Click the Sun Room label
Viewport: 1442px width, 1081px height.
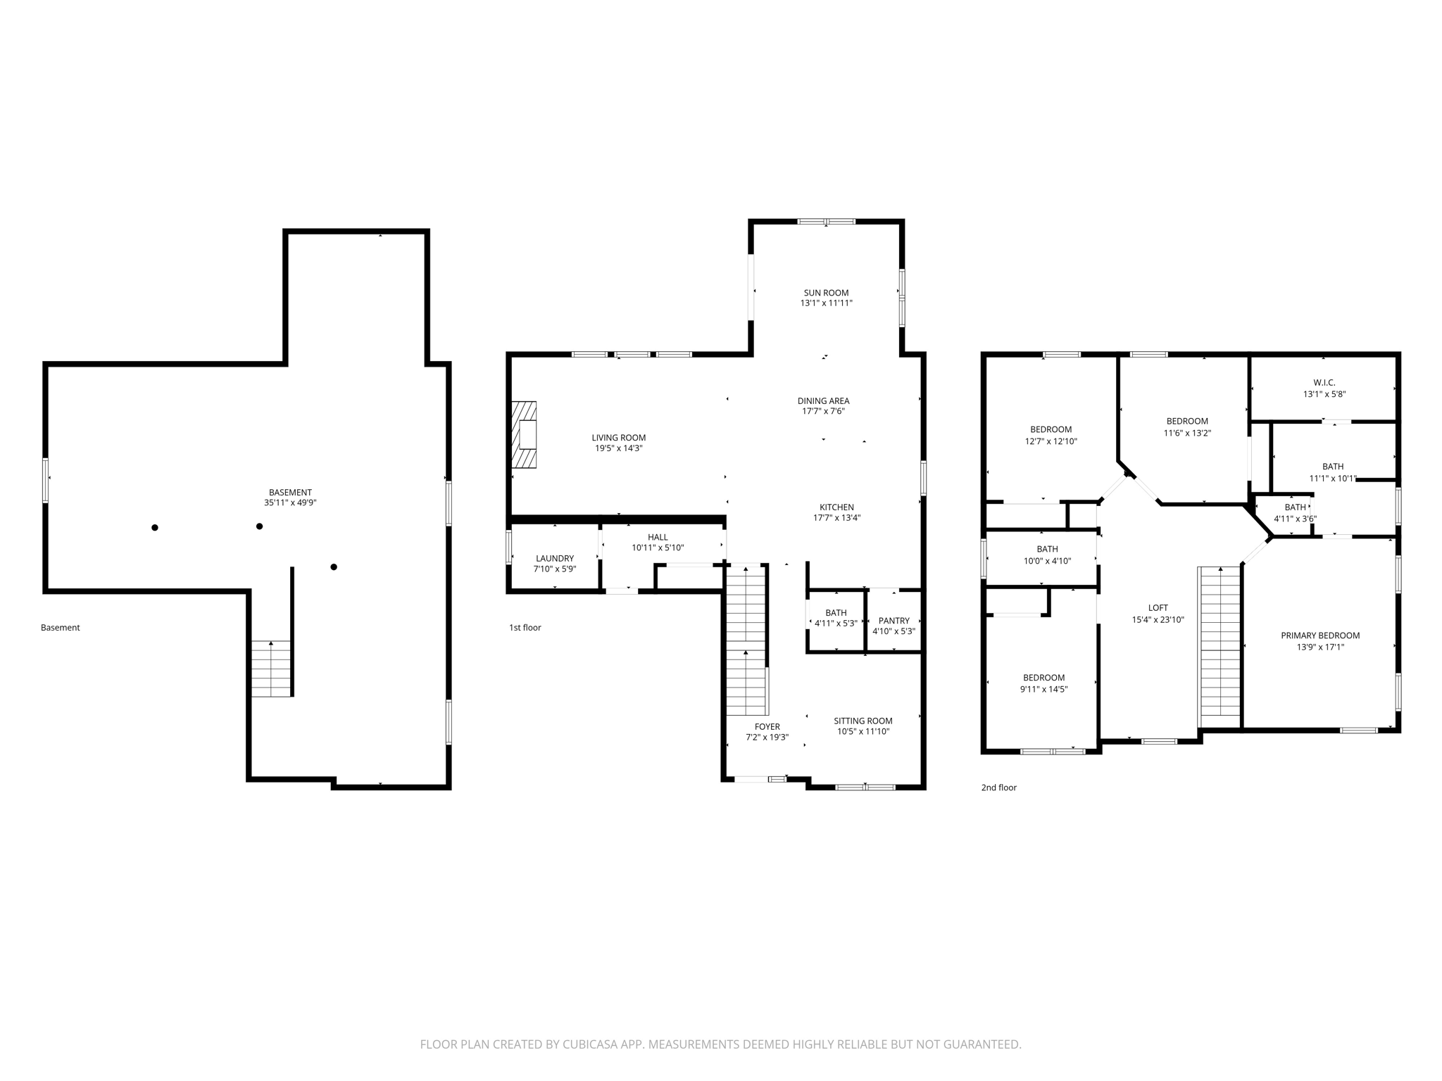tap(826, 293)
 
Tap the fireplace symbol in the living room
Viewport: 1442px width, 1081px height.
tap(525, 434)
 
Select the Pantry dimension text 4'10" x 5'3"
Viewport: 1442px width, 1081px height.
tap(894, 631)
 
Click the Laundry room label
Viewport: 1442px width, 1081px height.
tap(555, 558)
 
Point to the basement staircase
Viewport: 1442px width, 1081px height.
tap(272, 668)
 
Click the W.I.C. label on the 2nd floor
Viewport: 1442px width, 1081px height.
tap(1324, 383)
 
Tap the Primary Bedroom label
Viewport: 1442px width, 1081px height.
tap(1319, 636)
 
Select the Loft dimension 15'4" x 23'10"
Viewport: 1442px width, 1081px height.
tap(1158, 620)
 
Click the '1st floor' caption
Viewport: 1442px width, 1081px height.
tap(525, 628)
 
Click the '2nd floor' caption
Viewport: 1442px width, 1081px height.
tap(998, 788)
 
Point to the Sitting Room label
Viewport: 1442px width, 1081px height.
tap(863, 721)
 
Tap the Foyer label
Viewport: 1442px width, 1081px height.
tap(767, 727)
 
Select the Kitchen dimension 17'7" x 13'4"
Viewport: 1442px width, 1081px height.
tap(836, 518)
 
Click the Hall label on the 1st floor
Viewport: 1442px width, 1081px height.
tap(658, 537)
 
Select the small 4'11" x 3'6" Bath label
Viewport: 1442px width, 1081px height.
tap(1295, 507)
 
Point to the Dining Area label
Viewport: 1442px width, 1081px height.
tap(823, 401)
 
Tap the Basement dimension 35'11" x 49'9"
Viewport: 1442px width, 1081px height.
tap(290, 503)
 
